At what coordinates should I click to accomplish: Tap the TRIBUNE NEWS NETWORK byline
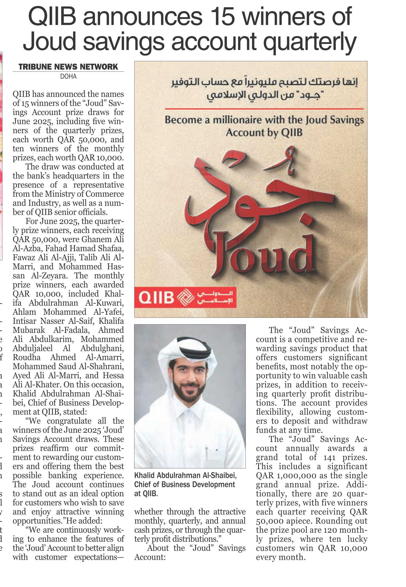68,67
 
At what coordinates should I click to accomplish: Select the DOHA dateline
68,76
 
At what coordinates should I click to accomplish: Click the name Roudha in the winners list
27,357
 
